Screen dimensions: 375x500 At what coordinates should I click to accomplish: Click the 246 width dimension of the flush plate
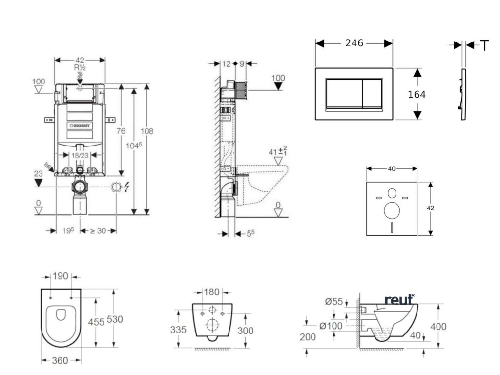point(354,43)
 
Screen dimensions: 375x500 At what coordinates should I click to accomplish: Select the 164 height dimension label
point(417,94)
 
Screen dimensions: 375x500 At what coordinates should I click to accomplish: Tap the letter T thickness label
point(484,45)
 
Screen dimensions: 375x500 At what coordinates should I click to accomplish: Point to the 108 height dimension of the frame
point(147,131)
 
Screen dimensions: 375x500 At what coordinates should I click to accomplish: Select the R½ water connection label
point(80,67)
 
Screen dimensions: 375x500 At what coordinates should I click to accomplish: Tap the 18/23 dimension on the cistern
point(79,155)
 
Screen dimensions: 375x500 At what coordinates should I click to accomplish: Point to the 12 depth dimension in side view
point(226,63)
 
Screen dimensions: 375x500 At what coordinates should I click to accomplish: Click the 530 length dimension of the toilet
point(115,319)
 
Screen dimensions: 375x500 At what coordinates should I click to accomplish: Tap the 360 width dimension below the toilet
point(61,360)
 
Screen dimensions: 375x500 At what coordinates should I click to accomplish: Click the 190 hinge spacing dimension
point(61,276)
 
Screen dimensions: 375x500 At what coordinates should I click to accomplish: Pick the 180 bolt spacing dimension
point(211,292)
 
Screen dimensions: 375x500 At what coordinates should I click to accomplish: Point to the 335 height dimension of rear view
point(178,330)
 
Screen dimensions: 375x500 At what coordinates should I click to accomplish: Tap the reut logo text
point(399,299)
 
